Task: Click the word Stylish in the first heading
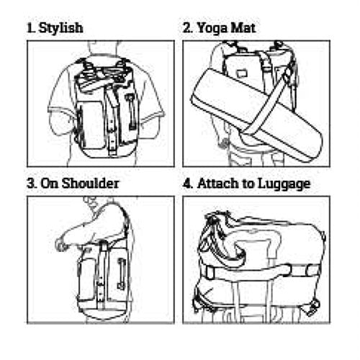pos(61,28)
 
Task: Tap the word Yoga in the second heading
pos(212,28)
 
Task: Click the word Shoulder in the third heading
pos(91,184)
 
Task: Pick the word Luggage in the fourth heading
pos(284,184)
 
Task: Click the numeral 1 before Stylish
pos(30,28)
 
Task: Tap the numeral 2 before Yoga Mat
pos(187,28)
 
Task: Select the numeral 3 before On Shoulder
pos(32,184)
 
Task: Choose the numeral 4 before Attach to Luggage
pos(188,184)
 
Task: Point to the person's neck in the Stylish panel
pos(104,49)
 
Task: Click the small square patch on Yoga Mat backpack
pos(240,73)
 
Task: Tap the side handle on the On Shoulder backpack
pos(122,273)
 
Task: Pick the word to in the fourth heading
pos(249,184)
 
